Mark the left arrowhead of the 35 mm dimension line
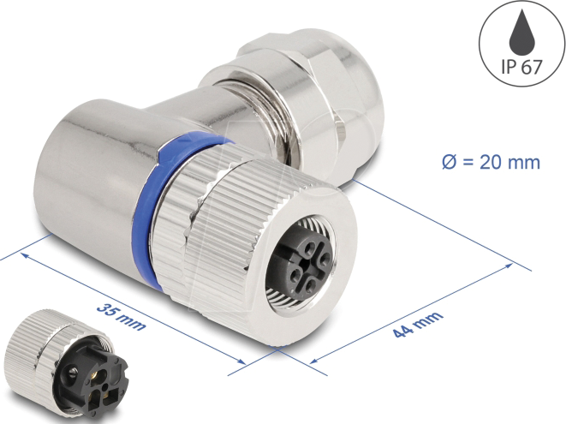point(25,255)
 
